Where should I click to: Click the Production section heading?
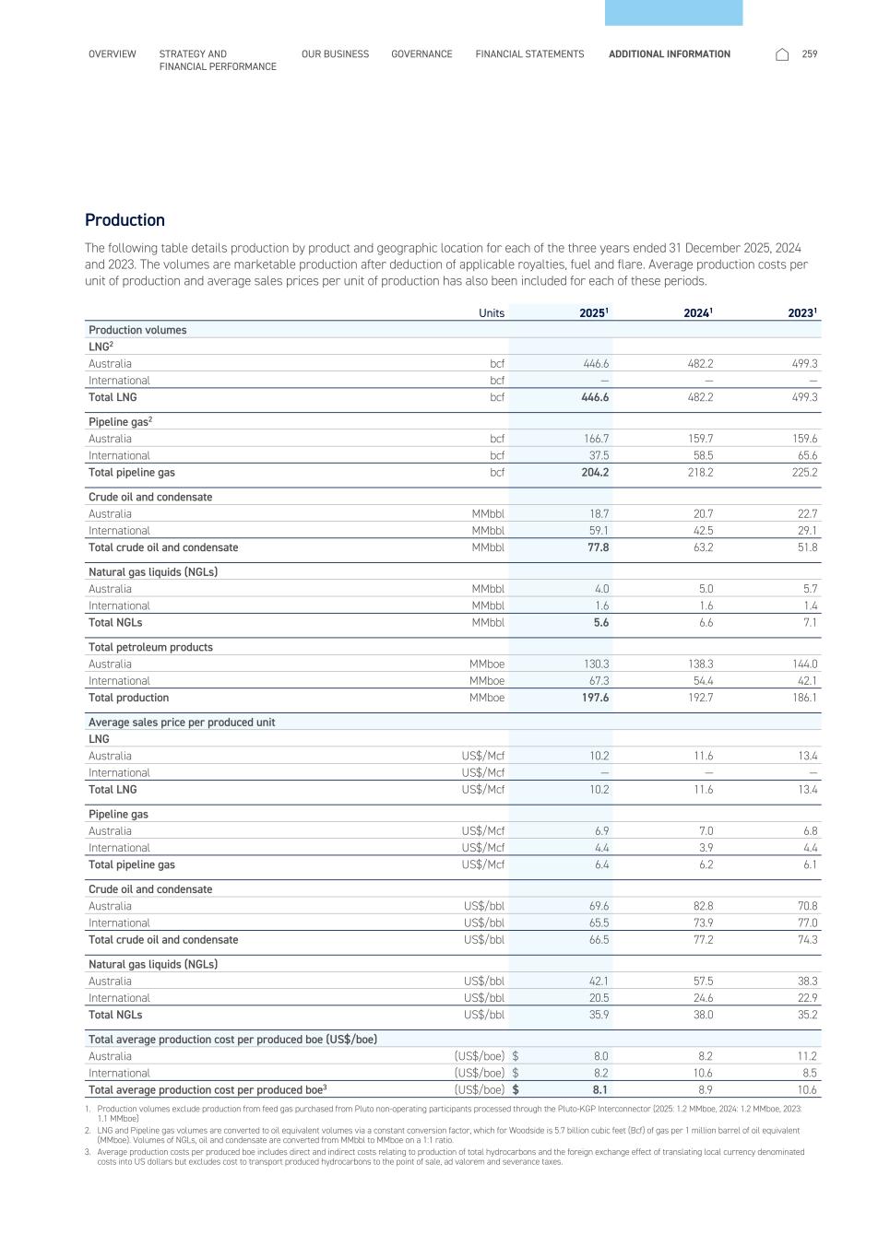(125, 220)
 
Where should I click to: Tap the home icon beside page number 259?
(782, 54)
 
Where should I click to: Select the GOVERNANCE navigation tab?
(421, 54)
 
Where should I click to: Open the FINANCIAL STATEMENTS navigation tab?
(529, 54)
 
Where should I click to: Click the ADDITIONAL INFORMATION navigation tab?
(669, 54)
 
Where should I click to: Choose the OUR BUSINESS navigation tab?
(335, 54)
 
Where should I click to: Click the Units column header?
(492, 313)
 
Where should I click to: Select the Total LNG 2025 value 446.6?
(593, 397)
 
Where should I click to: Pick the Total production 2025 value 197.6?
(593, 698)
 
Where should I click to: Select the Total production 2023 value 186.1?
(804, 698)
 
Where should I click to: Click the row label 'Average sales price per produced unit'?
(182, 723)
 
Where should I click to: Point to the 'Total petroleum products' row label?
(150, 647)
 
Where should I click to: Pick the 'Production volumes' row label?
(137, 330)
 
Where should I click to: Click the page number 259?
(810, 54)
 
